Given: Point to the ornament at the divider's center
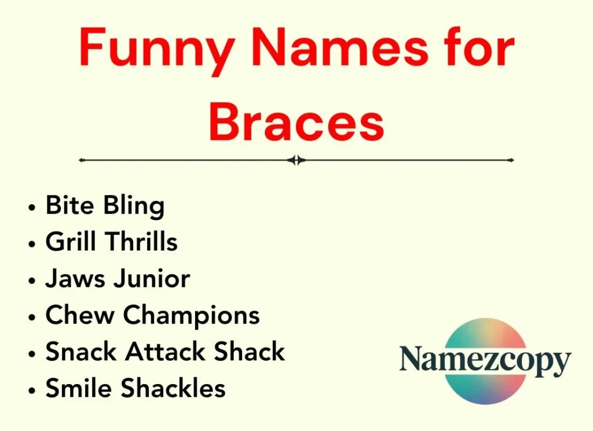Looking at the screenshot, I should [296, 160].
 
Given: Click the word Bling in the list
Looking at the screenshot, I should [136, 206].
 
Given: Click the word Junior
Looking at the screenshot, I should [152, 279].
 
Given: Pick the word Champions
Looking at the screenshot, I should [191, 316].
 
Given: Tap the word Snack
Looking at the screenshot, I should [83, 352].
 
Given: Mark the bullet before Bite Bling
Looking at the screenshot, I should [32, 207].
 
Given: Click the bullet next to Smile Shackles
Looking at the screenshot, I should [32, 389].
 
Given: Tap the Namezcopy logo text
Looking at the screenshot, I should [485, 360].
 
